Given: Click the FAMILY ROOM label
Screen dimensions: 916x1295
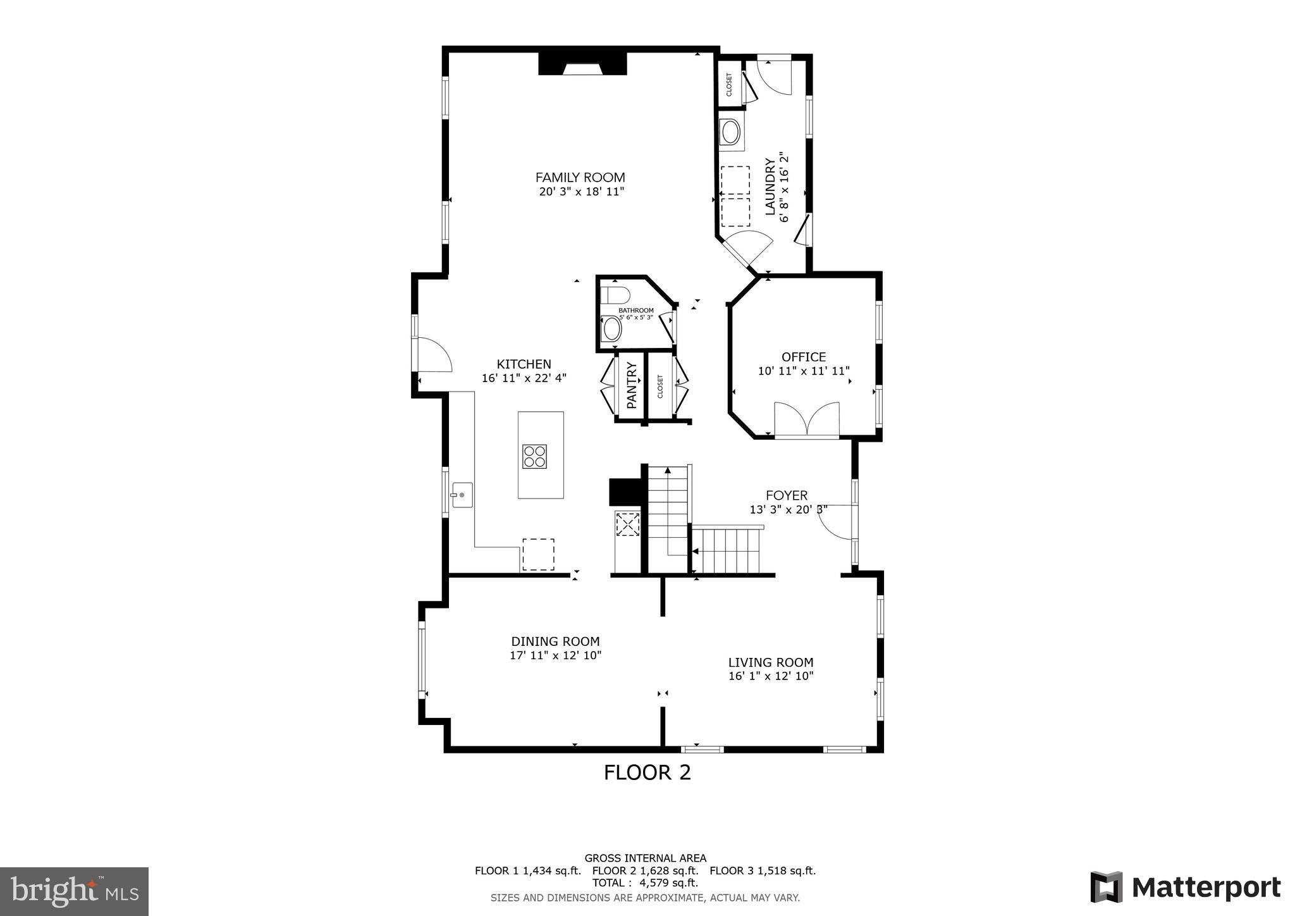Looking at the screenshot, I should pos(580,178).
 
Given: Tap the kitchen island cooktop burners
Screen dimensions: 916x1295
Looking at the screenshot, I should pos(534,456).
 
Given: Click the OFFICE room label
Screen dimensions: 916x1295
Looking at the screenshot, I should pos(803,357).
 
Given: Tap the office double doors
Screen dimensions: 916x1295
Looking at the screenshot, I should pos(807,419).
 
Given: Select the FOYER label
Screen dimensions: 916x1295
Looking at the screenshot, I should pos(787,495).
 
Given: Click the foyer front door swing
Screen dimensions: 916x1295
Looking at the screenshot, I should pos(835,522).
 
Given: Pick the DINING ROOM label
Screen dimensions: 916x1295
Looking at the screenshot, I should pos(555,641).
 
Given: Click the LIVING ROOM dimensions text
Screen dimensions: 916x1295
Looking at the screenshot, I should pos(770,676).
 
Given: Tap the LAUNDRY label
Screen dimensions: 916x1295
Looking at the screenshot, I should pos(770,187).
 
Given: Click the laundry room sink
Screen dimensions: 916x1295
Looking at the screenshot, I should pos(731,132).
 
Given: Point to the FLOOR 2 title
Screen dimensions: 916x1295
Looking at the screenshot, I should pos(647,772).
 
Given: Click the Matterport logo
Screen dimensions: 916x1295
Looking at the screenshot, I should pos(1185,888).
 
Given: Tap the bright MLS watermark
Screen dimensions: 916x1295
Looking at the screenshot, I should pos(74,891).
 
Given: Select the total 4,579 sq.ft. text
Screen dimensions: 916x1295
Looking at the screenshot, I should pos(645,882).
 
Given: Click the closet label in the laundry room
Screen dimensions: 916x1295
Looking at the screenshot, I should pos(728,85).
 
